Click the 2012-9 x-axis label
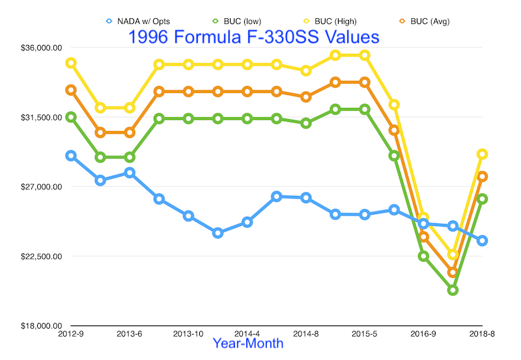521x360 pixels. point(71,334)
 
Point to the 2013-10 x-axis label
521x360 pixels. point(188,334)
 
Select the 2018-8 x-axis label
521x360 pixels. point(482,334)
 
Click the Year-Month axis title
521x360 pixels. point(248,343)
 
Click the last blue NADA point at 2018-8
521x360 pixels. point(482,240)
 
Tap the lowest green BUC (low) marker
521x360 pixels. point(453,290)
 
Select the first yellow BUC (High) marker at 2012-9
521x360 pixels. point(71,63)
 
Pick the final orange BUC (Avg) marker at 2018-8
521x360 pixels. point(482,176)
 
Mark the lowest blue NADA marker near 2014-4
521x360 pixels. point(218,232)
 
